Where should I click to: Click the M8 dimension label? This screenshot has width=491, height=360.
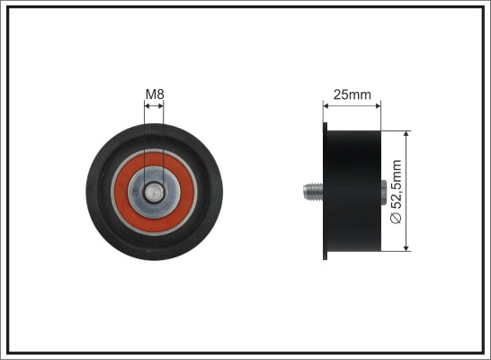155,94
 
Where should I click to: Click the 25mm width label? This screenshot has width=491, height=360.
352,94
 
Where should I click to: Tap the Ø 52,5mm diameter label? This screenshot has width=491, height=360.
396,192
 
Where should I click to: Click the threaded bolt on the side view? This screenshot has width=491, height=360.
313,192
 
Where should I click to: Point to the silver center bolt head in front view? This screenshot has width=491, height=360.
154,193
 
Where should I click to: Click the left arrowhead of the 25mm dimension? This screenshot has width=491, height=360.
326,106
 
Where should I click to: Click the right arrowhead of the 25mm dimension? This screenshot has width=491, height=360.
378,106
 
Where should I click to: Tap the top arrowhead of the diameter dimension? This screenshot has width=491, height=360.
406,134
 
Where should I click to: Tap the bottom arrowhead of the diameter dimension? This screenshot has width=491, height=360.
406,247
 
